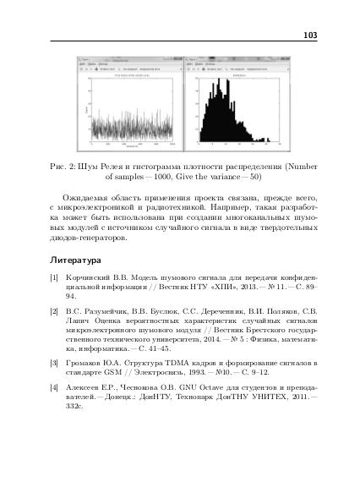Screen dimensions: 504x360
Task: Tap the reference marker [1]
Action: click(x=54, y=278)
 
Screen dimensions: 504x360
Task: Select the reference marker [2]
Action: click(x=54, y=312)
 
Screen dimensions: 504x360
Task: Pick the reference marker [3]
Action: click(x=54, y=362)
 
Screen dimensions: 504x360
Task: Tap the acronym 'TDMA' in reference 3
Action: click(x=184, y=362)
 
